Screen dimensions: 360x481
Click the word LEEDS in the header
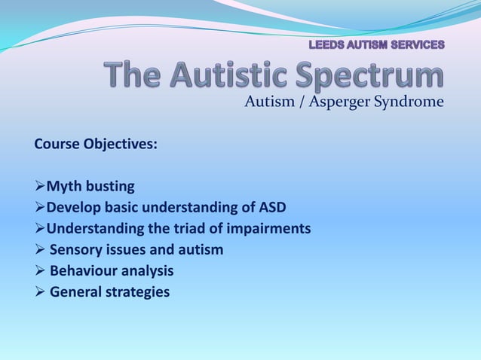click(326, 44)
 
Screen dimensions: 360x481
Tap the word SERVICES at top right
click(415, 44)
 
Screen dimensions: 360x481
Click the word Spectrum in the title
click(367, 77)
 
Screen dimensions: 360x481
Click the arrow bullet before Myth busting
click(40, 186)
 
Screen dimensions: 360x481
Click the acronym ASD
click(272, 207)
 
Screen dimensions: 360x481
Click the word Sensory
click(78, 249)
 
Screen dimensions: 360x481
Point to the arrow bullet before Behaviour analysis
click(40, 270)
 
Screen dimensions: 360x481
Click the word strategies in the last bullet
click(139, 291)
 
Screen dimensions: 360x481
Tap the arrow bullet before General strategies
click(40, 291)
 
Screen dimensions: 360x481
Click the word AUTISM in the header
click(366, 44)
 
